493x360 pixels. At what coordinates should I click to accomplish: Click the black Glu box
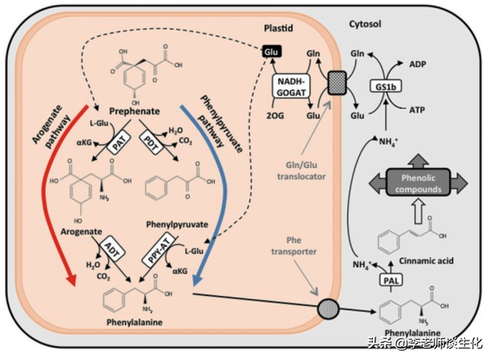270,50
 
